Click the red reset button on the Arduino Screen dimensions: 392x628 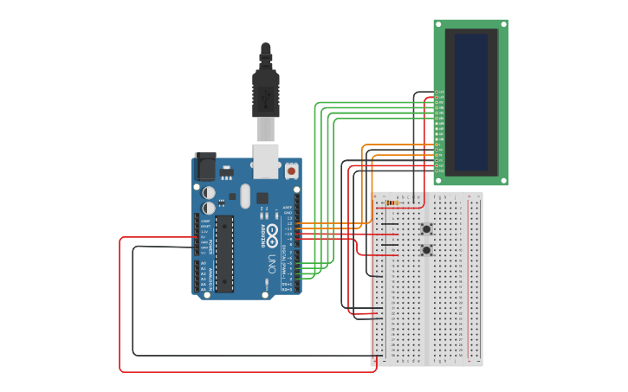point(291,171)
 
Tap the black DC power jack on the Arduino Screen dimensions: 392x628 point(206,166)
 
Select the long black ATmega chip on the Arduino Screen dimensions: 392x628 point(224,254)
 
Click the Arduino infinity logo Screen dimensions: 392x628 point(272,232)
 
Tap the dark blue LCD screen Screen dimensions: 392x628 point(471,101)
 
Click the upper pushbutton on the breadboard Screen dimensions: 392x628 point(426,229)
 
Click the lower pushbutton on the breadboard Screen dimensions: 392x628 point(426,250)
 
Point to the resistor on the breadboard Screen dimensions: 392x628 point(392,203)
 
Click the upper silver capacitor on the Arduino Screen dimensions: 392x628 point(209,192)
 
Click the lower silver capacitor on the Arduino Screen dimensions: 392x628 point(209,208)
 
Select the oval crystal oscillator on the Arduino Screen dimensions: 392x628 point(245,195)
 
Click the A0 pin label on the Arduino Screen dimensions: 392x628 point(204,263)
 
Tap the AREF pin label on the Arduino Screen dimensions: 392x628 point(288,208)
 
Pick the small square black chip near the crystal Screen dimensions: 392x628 point(262,198)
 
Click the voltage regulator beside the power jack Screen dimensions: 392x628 point(226,171)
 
